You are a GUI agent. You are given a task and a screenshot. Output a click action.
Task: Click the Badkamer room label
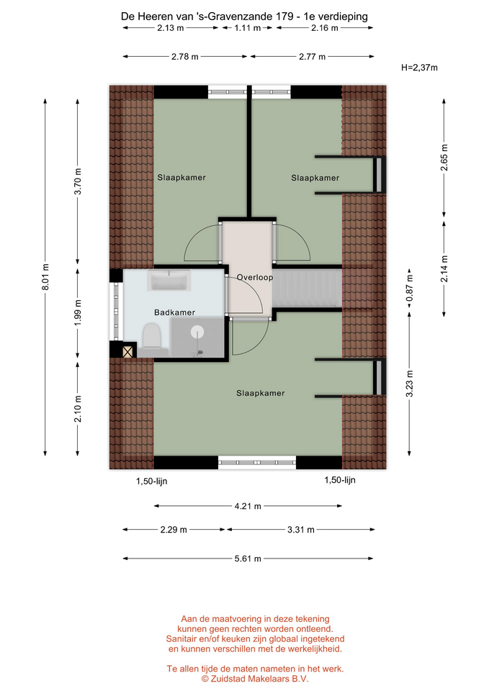pos(174,312)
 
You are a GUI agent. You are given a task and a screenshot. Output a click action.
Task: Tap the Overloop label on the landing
pos(255,277)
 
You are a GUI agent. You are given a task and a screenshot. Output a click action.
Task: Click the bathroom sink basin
pos(169,281)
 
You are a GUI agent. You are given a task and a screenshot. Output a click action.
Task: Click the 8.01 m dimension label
pos(45,276)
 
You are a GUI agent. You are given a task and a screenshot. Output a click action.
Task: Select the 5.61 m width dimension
pos(248,559)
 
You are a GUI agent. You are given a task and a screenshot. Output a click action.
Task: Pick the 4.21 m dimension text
pos(248,506)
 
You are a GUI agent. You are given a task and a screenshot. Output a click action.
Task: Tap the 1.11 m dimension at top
pos(247,28)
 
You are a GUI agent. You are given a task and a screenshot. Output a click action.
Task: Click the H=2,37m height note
pos(419,68)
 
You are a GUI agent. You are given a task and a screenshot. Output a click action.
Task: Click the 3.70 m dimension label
pos(78,181)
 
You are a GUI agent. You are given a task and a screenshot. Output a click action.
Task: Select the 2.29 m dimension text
pos(174,530)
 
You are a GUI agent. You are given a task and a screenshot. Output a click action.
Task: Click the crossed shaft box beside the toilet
pos(127,352)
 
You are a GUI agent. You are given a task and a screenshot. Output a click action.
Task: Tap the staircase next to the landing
pos(307,288)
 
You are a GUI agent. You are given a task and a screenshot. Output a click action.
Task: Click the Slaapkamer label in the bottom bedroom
pos(260,393)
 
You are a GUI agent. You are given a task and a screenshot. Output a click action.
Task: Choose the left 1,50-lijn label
pos(152,482)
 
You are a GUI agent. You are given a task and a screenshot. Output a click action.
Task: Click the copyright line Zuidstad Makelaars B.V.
pos(255,679)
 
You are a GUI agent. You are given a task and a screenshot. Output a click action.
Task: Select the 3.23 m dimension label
pos(410,384)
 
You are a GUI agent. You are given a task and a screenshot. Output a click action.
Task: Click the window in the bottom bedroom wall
pos(257,462)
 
